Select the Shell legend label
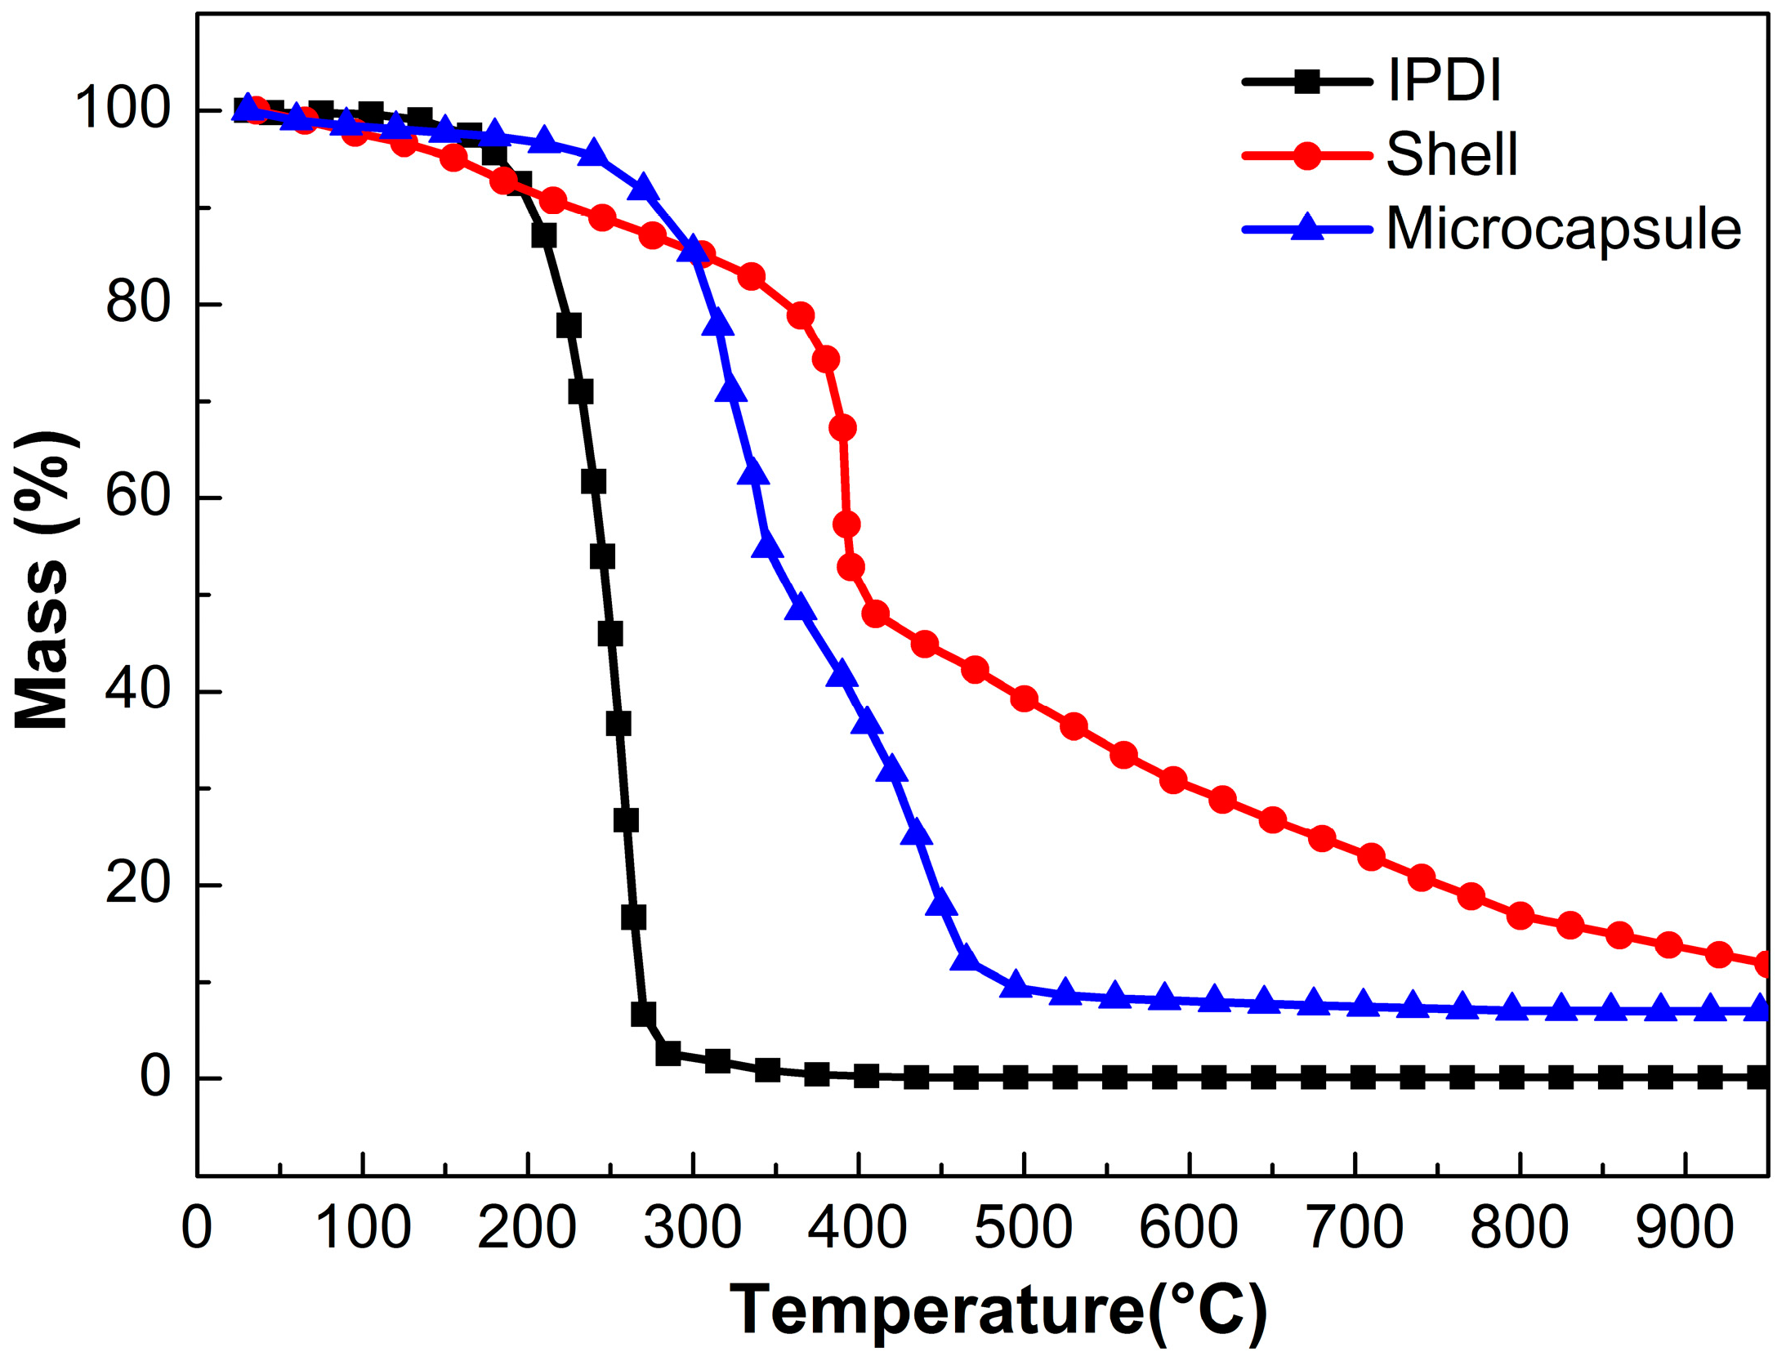click(x=1452, y=154)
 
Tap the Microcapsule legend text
click(x=1564, y=229)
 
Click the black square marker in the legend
click(x=1307, y=81)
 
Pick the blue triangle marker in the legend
click(x=1307, y=227)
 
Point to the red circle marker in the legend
click(x=1307, y=155)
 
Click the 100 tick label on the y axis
click(x=123, y=108)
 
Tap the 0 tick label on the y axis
click(x=155, y=1078)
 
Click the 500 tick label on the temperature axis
click(x=1023, y=1228)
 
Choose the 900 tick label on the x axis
click(x=1685, y=1228)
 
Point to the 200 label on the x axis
click(x=527, y=1228)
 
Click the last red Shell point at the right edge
click(x=1765, y=964)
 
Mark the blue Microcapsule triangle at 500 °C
click(x=1016, y=985)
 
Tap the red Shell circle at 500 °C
click(x=1024, y=698)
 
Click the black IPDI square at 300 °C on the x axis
click(x=717, y=1061)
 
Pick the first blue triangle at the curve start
click(x=248, y=107)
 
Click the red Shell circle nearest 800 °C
click(x=1520, y=916)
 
